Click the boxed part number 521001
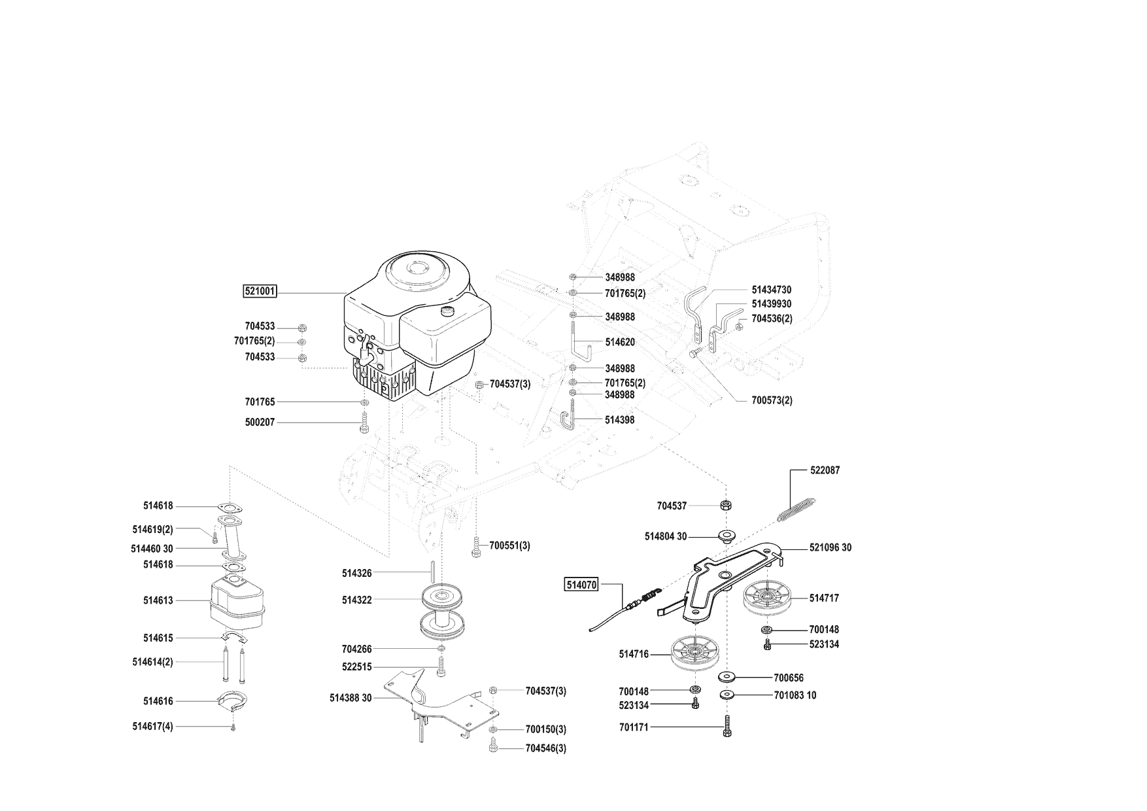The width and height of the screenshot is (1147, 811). point(260,292)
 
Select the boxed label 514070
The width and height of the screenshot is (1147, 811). point(581,585)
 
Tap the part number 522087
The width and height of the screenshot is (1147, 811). point(825,470)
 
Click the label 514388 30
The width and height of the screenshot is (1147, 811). point(351,698)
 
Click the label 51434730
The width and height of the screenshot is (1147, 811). point(772,290)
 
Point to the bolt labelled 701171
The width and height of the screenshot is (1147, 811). point(727,727)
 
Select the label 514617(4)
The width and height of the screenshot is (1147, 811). point(152,726)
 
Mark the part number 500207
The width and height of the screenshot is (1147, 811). point(260,423)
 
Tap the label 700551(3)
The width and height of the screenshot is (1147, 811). point(509,545)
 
